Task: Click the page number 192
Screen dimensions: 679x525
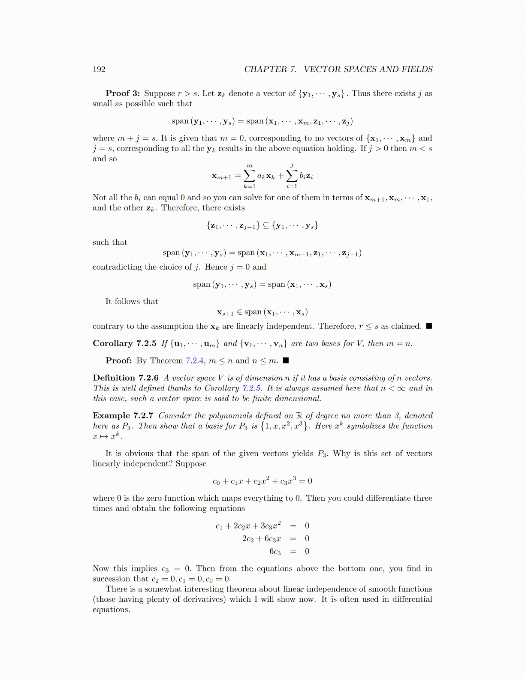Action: coord(99,69)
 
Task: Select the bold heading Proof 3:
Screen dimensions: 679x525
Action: coord(123,93)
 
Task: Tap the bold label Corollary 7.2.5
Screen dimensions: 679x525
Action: coord(124,343)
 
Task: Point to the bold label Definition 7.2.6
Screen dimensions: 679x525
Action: coord(126,378)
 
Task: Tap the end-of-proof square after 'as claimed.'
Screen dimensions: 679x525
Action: coord(429,326)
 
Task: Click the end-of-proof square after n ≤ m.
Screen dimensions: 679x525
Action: coord(286,361)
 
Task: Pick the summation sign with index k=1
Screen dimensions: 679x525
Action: coord(249,176)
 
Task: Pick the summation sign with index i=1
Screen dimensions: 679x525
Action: coord(292,176)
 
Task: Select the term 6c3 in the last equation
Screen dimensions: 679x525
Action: coord(275,552)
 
